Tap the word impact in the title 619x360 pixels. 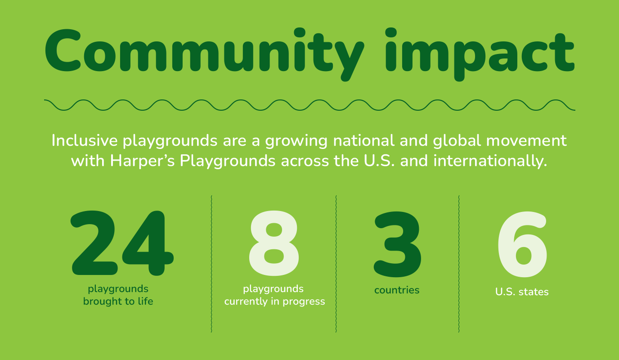tap(480, 54)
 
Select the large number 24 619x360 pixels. tap(122, 243)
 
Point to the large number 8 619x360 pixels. tap(274, 243)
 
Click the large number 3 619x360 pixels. tap(397, 244)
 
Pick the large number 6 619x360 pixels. tap(522, 244)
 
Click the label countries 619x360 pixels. tap(397, 290)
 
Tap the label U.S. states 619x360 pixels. tap(522, 292)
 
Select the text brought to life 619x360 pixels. tap(118, 301)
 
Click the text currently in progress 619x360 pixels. tap(274, 301)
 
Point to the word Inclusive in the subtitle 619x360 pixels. tap(85, 140)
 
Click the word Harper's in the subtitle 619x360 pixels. tap(142, 161)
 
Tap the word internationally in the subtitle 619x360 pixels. tap(490, 161)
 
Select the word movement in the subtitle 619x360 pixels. tap(526, 141)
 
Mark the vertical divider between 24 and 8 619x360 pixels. tap(211, 264)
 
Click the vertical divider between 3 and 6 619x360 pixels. tap(459, 264)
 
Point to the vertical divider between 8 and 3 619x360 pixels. tap(336, 264)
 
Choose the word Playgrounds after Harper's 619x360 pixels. tap(228, 161)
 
